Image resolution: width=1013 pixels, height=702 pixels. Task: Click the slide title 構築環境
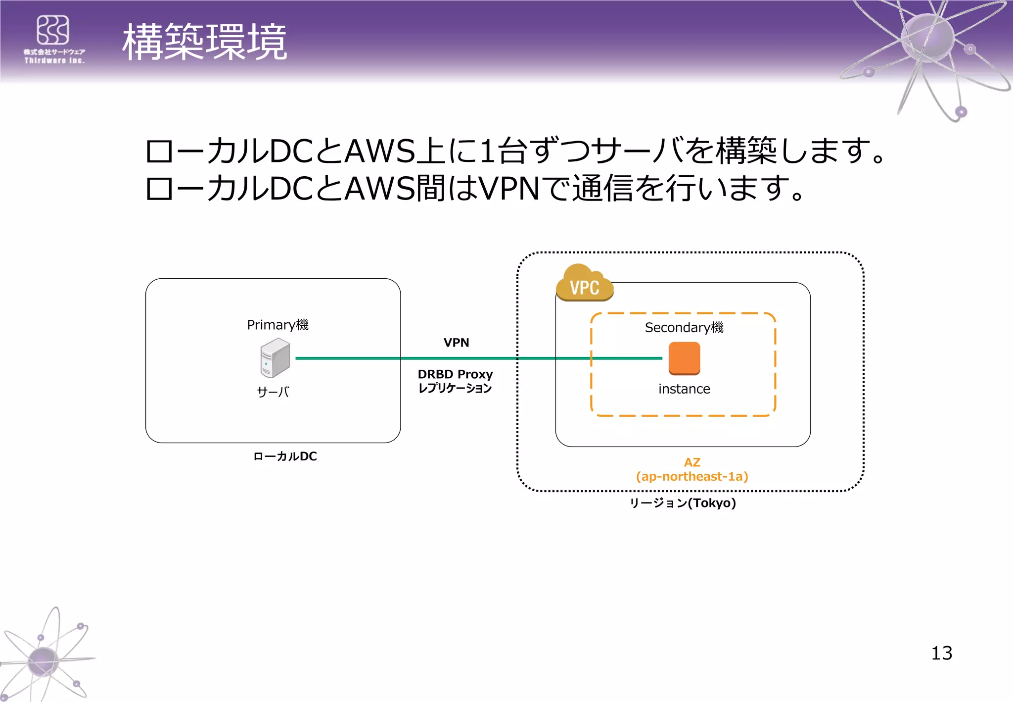tap(204, 42)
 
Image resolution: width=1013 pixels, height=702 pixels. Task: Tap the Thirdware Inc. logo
tap(54, 39)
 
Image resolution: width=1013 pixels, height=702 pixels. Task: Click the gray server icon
tap(275, 358)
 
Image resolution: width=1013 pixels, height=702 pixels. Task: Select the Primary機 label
tap(277, 325)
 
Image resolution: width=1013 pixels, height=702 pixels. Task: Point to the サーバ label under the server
tap(273, 392)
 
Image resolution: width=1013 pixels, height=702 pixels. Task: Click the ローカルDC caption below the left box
tap(285, 456)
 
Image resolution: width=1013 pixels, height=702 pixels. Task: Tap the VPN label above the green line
tap(456, 343)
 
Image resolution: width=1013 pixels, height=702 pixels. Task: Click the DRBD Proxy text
tap(455, 374)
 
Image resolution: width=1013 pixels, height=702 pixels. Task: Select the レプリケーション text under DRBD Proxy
tap(455, 388)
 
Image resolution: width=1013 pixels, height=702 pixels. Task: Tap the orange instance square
tap(684, 358)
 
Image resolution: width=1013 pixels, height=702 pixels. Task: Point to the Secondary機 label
tap(684, 327)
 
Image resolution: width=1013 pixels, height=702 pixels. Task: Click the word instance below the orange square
tap(684, 389)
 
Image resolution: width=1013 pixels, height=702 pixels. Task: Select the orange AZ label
tap(692, 462)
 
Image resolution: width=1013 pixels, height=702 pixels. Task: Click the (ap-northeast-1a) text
tap(692, 476)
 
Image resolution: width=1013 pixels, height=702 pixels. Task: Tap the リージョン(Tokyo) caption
tap(683, 503)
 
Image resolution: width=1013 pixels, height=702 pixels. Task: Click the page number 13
tap(941, 653)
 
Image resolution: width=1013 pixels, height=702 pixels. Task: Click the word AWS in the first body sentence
tap(380, 151)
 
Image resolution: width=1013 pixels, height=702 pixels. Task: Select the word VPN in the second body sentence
tap(509, 189)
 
